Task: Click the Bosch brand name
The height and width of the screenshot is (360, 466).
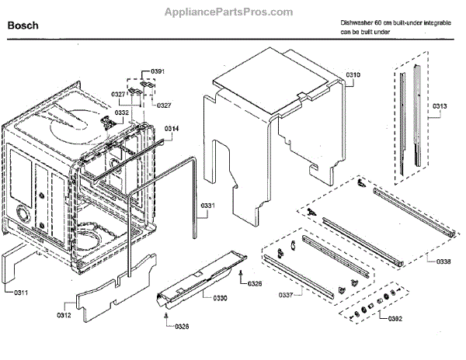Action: tap(23, 26)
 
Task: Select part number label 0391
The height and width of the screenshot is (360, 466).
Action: tap(158, 71)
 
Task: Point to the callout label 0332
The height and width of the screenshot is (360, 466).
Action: tap(122, 112)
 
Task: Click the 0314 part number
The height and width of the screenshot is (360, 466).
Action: tap(172, 127)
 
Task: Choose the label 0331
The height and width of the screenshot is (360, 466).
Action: tap(207, 206)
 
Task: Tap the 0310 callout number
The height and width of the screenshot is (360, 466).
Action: tap(353, 74)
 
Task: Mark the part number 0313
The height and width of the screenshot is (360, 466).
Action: tap(439, 106)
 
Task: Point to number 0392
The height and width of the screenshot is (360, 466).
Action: tap(396, 318)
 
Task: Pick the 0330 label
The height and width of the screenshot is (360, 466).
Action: tap(220, 298)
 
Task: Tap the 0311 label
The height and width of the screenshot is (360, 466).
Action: tap(20, 292)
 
